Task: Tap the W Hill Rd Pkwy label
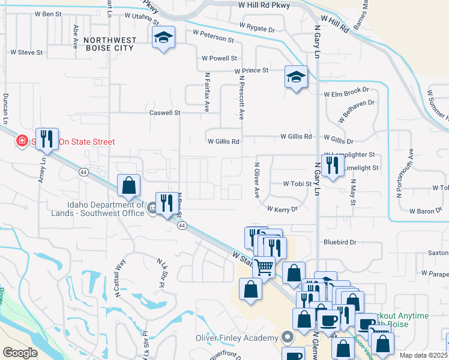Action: (x=264, y=5)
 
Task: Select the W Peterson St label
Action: (x=213, y=36)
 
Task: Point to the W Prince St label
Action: (x=251, y=70)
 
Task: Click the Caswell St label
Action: (x=164, y=112)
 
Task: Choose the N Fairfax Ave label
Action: (x=206, y=92)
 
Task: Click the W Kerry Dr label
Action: (x=282, y=208)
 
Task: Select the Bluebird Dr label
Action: (x=340, y=242)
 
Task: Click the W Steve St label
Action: (x=26, y=52)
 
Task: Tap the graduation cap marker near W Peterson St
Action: (x=163, y=38)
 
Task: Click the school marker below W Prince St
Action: (x=296, y=77)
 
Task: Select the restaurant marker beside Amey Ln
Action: (x=46, y=139)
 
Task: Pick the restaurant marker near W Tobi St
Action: (x=332, y=164)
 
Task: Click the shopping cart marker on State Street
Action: (x=264, y=267)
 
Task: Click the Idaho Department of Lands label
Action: (x=106, y=208)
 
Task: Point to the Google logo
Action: (x=20, y=353)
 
